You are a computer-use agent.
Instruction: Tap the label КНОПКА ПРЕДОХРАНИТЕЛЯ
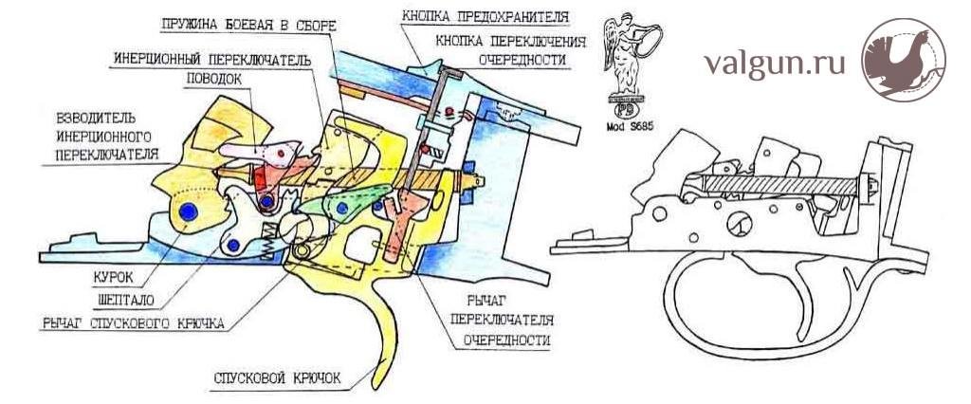point(485,17)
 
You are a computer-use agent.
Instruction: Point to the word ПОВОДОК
point(214,79)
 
